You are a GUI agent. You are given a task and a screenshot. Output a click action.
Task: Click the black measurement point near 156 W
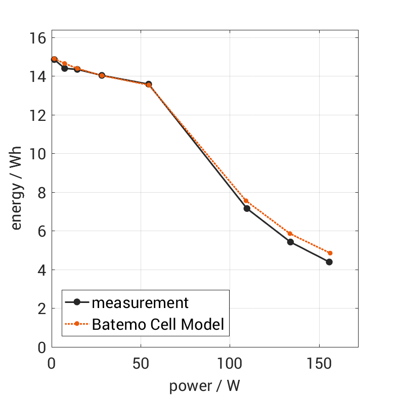coord(329,262)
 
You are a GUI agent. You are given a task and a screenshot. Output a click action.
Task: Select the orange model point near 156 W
coord(330,253)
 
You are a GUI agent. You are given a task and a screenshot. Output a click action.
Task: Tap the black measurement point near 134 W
coord(290,242)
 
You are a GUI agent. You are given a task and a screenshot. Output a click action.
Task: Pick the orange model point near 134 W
coord(290,234)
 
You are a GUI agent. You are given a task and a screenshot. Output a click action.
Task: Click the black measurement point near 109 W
coord(247,208)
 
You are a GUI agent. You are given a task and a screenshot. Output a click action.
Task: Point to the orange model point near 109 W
coord(246,201)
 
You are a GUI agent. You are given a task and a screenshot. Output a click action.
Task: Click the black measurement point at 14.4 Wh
coord(64,68)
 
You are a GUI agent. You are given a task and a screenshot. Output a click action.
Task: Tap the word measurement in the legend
coord(140,302)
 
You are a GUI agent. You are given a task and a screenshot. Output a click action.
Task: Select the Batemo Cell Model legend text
coord(158,324)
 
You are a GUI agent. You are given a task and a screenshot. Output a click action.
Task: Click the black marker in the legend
coord(77,302)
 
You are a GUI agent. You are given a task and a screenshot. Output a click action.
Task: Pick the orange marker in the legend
coord(77,324)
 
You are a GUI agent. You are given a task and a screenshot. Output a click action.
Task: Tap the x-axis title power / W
coord(204,386)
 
